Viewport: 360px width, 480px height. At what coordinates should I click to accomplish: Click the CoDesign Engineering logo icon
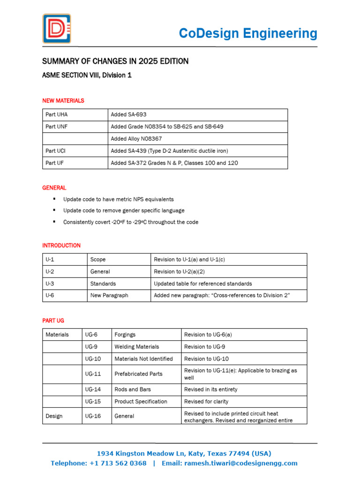(x=57, y=29)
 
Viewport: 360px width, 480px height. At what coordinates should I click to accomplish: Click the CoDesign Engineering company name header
(x=248, y=33)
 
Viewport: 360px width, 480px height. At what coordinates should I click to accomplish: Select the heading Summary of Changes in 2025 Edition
(x=115, y=61)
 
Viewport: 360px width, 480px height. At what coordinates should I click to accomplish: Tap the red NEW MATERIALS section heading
(x=63, y=101)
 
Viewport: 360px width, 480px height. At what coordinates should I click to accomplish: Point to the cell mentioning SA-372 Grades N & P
(x=175, y=163)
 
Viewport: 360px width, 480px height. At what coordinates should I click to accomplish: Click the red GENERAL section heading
(x=54, y=187)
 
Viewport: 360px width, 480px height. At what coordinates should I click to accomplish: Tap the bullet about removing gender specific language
(x=124, y=210)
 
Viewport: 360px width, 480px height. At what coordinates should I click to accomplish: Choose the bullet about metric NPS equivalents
(x=118, y=199)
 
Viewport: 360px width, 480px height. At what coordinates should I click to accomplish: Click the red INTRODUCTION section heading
(x=61, y=246)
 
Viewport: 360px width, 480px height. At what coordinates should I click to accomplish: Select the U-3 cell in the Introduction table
(x=50, y=284)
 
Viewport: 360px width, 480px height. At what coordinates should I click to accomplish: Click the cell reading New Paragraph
(x=109, y=296)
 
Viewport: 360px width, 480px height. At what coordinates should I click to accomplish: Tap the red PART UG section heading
(x=53, y=321)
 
